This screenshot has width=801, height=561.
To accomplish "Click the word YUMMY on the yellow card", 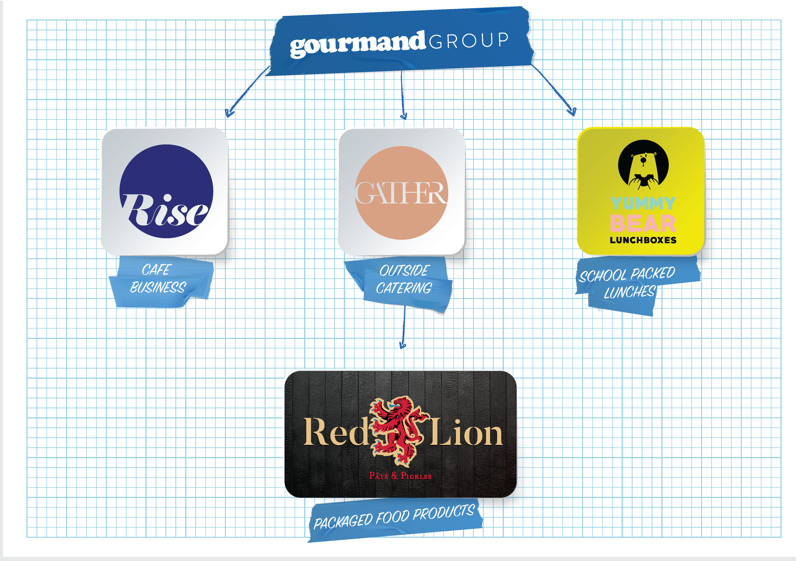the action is click(x=643, y=203).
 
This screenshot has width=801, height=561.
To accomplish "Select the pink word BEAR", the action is click(x=643, y=224).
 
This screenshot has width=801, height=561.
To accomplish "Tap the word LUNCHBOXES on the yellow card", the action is click(x=643, y=240).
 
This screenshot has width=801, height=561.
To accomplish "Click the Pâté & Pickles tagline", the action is click(x=400, y=476).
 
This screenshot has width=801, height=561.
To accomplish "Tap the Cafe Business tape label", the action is click(x=159, y=279).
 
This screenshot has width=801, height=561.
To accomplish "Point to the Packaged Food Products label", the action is click(x=394, y=517).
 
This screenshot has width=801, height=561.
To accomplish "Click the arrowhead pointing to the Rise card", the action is click(x=229, y=113).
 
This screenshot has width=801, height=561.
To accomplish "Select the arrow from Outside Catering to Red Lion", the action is click(x=404, y=328).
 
